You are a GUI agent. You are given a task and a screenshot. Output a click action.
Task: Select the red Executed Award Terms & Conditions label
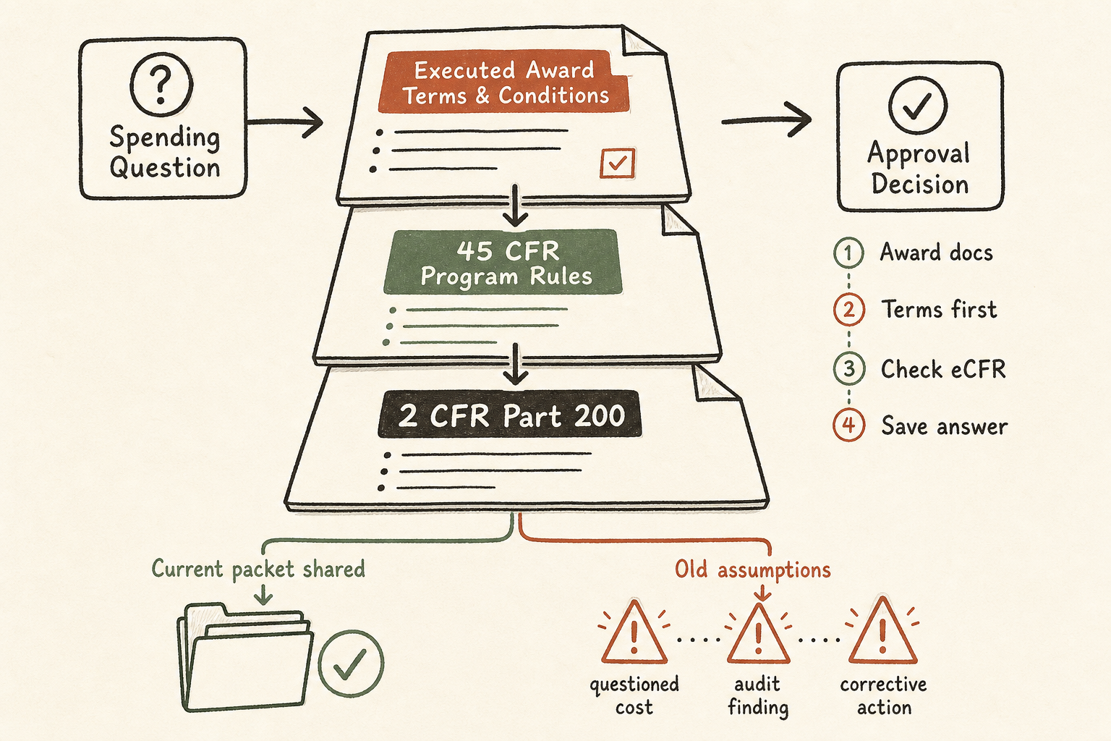pos(504,82)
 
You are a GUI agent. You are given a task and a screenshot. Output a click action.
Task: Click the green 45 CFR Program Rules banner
pos(503,261)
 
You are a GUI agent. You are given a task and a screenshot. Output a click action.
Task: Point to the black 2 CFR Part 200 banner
pos(510,415)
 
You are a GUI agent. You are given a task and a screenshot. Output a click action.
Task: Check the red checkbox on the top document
pos(618,163)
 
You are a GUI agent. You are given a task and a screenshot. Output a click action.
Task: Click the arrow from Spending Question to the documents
pos(285,122)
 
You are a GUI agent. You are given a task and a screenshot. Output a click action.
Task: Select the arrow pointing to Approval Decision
pos(767,119)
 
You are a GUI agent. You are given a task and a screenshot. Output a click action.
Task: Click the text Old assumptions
pos(752,569)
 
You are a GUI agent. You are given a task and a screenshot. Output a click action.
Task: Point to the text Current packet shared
pos(258,569)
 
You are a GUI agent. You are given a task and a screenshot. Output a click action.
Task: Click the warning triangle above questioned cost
pos(634,632)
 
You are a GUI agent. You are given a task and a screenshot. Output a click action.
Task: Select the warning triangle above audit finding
pos(758,635)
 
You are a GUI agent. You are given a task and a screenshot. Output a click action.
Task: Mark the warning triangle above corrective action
pos(883,631)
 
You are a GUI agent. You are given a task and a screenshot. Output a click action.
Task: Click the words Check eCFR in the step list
pos(943,369)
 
